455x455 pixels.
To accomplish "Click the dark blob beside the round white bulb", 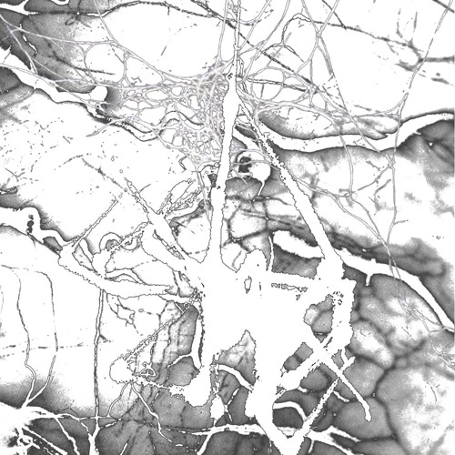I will coord(245,164).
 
